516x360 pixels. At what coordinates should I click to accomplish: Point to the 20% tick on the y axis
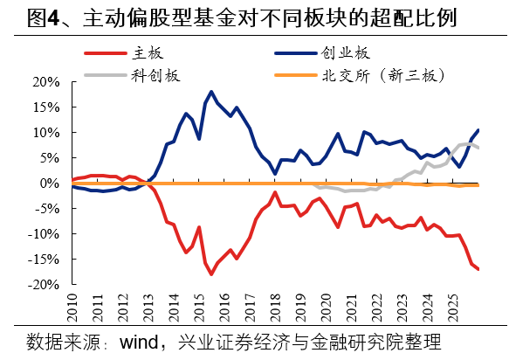(x=45, y=82)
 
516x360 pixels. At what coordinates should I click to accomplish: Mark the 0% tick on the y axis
(x=49, y=183)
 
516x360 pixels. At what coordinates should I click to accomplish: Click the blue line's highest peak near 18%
(x=211, y=91)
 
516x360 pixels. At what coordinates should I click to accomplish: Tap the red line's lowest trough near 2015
(x=211, y=274)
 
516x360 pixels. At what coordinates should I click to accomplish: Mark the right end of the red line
(x=478, y=269)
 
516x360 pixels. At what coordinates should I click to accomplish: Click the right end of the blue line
(x=478, y=130)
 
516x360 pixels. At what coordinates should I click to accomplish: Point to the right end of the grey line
(x=478, y=148)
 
